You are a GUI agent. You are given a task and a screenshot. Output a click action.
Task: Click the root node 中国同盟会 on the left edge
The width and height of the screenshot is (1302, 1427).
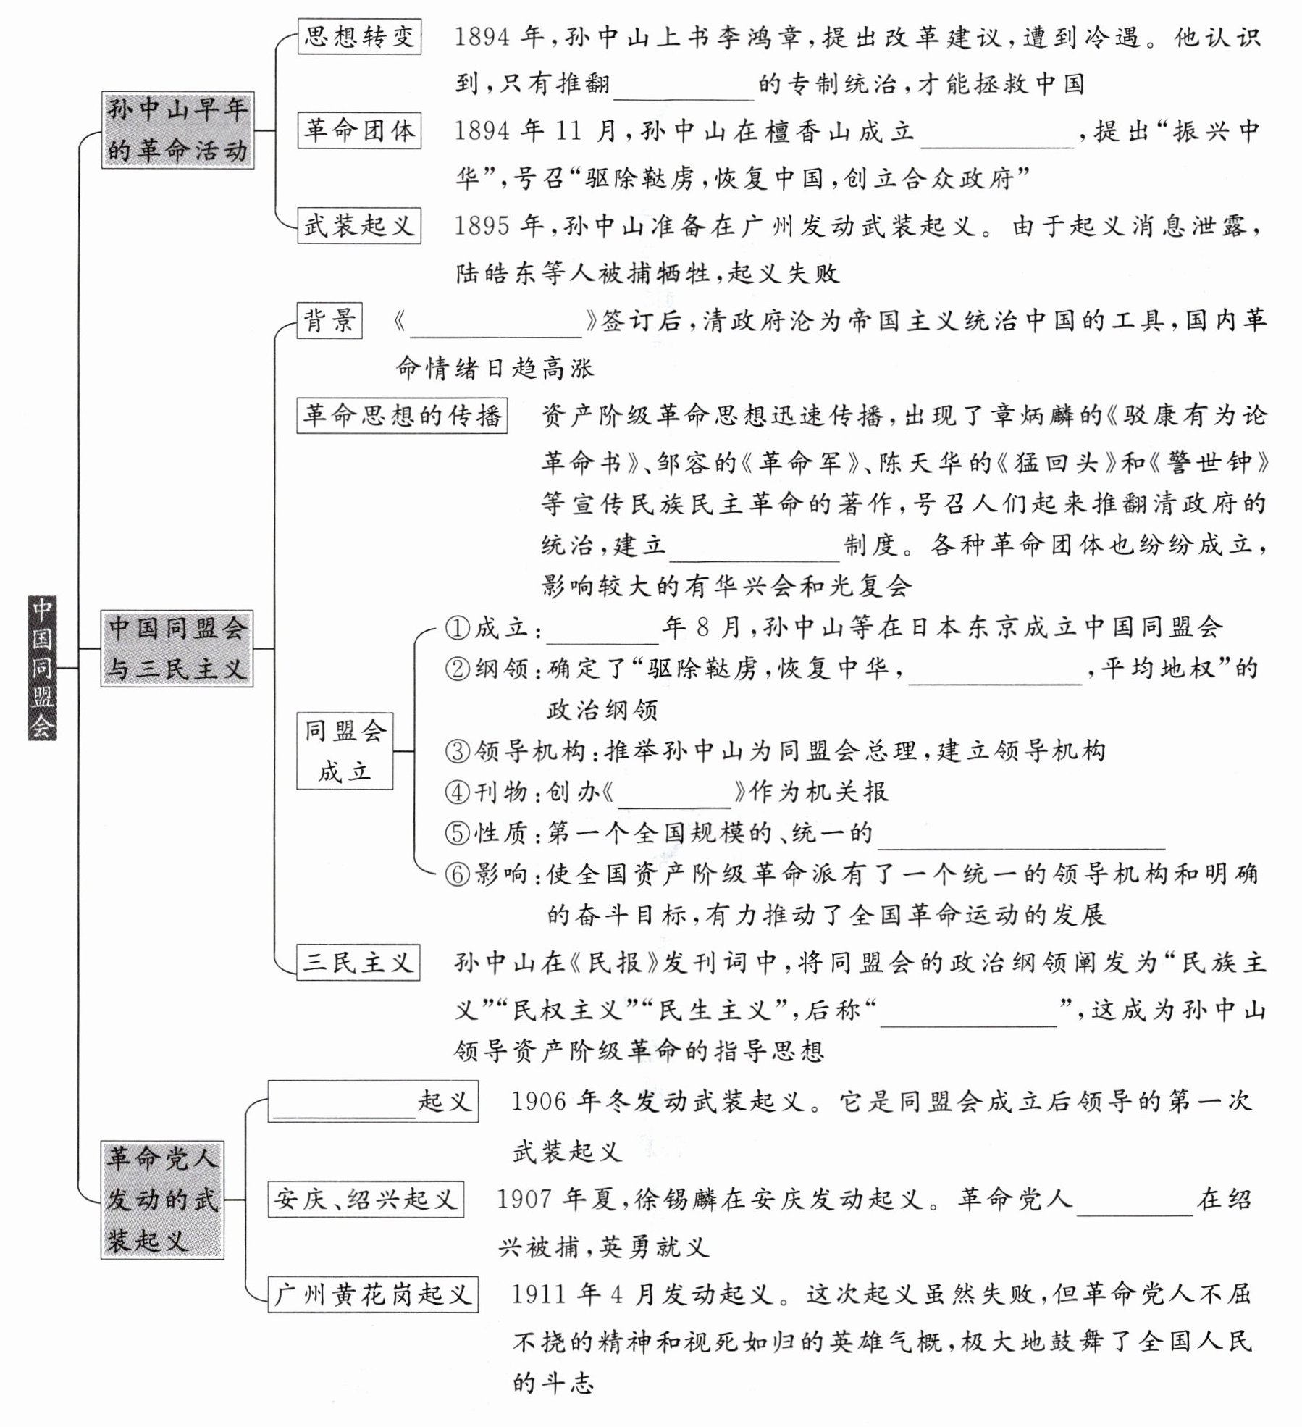click(42, 667)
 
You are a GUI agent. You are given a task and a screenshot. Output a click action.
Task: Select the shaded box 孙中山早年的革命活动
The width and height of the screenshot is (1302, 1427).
click(177, 130)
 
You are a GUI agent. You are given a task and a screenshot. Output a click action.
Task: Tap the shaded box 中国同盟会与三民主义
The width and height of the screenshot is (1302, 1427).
click(177, 648)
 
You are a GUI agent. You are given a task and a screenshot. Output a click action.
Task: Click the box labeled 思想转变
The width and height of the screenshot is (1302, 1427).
click(359, 36)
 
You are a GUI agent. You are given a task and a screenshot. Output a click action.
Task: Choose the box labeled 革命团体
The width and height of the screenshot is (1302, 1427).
click(359, 131)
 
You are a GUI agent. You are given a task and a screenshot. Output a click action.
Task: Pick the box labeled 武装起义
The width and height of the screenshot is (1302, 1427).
click(358, 225)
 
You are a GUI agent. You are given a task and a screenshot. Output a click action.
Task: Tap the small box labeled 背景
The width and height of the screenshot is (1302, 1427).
click(329, 320)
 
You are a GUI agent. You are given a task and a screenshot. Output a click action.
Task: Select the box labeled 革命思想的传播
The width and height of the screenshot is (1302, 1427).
click(402, 415)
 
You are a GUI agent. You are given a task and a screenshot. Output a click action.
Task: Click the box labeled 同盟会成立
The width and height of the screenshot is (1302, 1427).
click(345, 751)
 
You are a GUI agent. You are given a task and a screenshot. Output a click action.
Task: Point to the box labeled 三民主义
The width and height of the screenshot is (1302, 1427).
click(358, 963)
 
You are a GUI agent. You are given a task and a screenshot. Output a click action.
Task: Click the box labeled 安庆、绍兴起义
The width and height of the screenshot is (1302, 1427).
click(366, 1200)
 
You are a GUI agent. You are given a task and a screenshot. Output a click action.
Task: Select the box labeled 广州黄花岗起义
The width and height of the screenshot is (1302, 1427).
click(373, 1294)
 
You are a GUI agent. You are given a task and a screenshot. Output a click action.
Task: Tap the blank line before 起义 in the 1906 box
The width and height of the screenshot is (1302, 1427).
click(344, 1105)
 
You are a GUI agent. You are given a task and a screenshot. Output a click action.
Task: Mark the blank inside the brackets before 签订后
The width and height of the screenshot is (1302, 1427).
click(496, 325)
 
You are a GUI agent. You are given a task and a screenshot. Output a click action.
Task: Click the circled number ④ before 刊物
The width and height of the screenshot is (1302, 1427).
click(458, 792)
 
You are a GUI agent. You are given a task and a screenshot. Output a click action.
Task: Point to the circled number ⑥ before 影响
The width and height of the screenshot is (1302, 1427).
click(458, 875)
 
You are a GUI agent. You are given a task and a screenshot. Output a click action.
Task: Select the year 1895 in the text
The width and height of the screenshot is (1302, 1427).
click(482, 226)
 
